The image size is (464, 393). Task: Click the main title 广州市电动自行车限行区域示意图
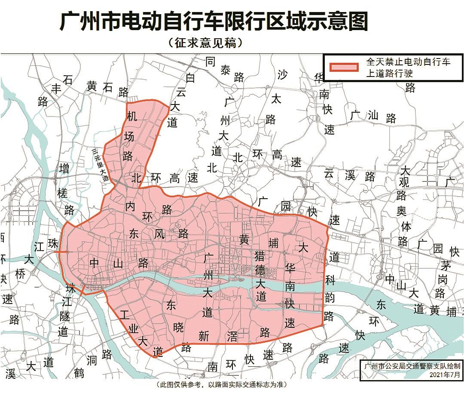(214, 21)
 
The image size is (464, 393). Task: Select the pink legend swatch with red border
(343, 68)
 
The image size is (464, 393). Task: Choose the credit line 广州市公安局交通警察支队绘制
(412, 366)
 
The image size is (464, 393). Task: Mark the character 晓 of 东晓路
(179, 327)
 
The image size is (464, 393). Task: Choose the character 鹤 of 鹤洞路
(78, 373)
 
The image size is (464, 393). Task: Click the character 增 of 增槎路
(64, 168)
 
